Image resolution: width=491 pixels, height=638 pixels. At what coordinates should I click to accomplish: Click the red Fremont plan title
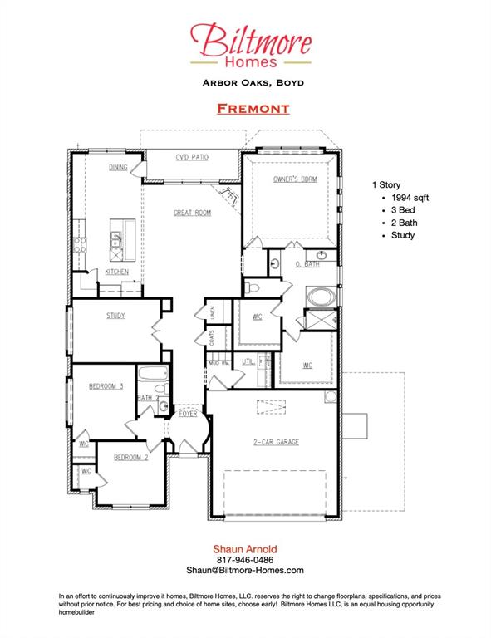(x=253, y=109)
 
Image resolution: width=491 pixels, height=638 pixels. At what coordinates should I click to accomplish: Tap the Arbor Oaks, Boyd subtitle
(x=252, y=82)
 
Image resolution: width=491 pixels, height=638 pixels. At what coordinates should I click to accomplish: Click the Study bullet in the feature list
(x=403, y=235)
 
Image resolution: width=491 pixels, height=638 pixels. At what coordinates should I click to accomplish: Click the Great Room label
(x=192, y=213)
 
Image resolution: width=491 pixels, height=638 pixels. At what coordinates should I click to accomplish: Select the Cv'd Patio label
(x=191, y=156)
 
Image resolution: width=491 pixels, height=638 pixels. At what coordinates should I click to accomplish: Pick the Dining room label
(x=118, y=168)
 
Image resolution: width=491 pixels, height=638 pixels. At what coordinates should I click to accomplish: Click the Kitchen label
(x=116, y=272)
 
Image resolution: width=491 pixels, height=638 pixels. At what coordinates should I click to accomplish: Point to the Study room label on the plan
(x=115, y=316)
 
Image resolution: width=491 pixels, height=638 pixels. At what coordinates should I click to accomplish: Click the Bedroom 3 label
(x=106, y=385)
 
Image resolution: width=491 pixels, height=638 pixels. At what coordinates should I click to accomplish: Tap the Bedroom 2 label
(x=130, y=457)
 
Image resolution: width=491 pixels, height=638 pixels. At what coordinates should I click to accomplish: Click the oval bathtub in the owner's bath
(x=319, y=295)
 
